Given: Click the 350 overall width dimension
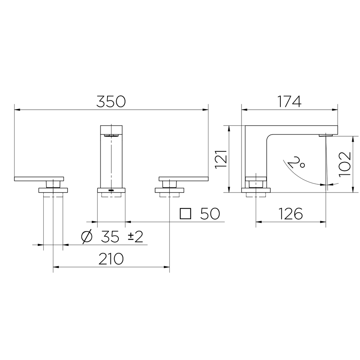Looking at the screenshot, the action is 111,102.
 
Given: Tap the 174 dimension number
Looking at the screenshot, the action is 289,102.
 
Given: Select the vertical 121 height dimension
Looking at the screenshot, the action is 221,159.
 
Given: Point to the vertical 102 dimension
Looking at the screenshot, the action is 345,164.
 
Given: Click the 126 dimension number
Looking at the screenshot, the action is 290,214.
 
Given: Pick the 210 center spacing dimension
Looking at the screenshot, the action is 111,259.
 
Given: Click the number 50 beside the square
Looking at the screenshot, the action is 210,214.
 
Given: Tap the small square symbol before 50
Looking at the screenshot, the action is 185,214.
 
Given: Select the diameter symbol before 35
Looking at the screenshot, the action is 87,236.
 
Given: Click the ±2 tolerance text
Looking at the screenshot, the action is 135,236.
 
